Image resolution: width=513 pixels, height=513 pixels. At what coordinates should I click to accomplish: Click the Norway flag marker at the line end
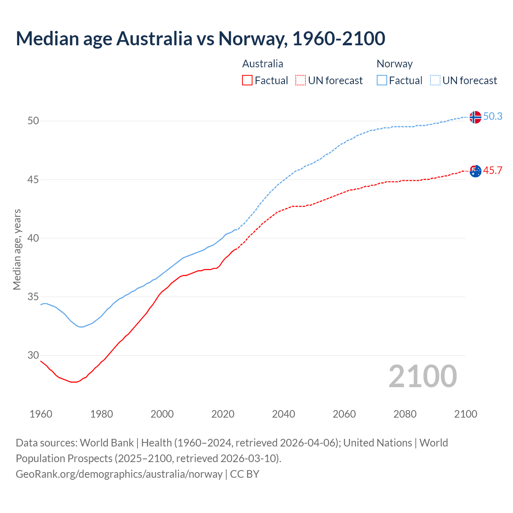(475, 117)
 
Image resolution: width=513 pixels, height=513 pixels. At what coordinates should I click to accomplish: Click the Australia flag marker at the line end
(475, 171)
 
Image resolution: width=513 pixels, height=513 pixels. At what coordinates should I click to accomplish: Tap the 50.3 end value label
(493, 116)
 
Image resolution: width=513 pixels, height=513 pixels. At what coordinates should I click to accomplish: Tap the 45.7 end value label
(493, 170)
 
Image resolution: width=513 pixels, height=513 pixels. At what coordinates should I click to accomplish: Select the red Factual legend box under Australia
(247, 81)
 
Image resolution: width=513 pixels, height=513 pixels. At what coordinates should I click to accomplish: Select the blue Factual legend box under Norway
(382, 81)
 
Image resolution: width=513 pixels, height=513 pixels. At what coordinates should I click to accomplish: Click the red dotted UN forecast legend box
(301, 81)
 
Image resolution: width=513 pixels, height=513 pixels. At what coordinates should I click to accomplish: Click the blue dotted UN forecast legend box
(435, 81)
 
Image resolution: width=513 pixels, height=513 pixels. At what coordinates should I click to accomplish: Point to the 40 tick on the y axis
(33, 238)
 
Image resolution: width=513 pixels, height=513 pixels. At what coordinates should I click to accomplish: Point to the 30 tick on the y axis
(33, 355)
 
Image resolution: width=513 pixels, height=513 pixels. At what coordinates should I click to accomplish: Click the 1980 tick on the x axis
(101, 414)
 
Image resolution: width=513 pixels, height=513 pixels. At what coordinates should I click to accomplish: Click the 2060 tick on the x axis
(344, 414)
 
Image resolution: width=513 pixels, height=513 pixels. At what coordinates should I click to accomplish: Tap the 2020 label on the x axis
(223, 414)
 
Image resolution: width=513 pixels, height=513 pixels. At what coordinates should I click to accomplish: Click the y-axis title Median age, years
(17, 249)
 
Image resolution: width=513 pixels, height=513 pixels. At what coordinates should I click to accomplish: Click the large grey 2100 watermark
(422, 376)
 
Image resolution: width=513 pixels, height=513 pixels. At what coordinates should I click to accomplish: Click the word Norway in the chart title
(252, 38)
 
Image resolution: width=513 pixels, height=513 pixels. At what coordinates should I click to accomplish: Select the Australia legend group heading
(263, 64)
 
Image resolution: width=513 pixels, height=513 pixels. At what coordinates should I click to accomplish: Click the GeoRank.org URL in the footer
(119, 474)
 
